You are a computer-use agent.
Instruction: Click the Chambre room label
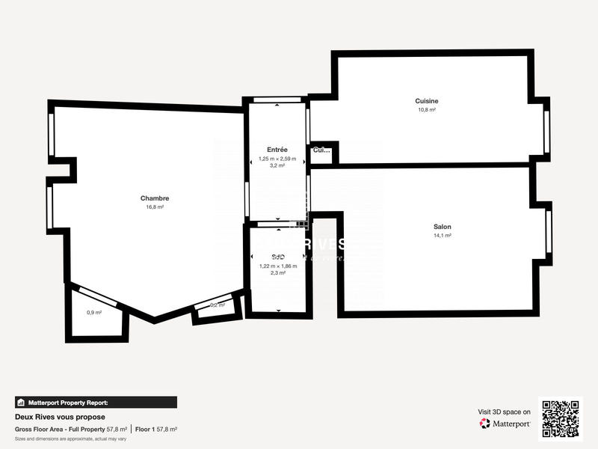pos(155,198)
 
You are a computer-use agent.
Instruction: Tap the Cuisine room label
pos(427,101)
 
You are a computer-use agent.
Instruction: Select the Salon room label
pos(442,227)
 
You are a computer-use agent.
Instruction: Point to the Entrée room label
pos(277,150)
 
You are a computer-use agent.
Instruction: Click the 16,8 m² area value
pos(155,207)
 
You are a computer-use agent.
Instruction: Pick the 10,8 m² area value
pos(427,110)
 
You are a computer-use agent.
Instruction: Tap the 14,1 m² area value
pos(442,236)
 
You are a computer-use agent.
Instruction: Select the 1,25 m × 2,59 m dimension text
pos(277,159)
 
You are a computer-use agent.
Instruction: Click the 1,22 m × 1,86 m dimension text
pos(277,266)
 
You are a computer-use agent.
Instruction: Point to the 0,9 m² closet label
pos(94,312)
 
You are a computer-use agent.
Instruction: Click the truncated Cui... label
pos(321,150)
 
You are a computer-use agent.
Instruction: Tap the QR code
pos(561,418)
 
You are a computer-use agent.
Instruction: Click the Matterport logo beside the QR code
pos(505,424)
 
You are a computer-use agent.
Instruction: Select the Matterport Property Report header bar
pos(96,402)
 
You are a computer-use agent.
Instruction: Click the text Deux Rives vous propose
pos(60,417)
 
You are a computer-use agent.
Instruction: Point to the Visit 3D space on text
pos(505,412)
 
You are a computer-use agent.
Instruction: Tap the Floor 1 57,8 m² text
pos(155,430)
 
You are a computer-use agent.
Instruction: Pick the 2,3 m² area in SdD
pos(277,273)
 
